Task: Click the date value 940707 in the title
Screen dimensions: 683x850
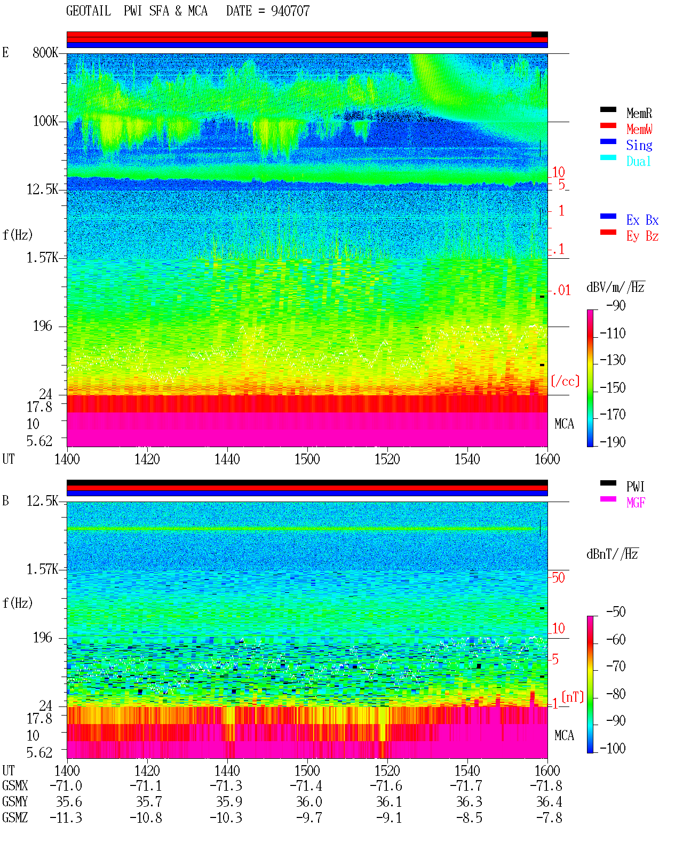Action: coord(290,11)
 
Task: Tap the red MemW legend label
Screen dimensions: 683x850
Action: coord(639,129)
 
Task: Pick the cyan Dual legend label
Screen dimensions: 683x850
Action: coord(638,161)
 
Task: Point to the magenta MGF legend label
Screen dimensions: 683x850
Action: coord(636,503)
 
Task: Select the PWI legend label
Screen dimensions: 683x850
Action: coord(635,487)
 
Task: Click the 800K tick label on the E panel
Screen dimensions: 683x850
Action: coord(45,52)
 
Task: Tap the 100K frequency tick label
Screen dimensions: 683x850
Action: coord(45,121)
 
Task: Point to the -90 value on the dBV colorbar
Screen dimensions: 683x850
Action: coord(615,305)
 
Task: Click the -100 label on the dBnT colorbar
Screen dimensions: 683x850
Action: coord(613,748)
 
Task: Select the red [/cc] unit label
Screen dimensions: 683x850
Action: coord(565,381)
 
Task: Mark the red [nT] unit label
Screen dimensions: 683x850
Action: coord(573,697)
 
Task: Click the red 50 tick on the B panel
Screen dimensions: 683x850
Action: coord(558,577)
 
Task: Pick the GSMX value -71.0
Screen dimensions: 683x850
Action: coord(66,786)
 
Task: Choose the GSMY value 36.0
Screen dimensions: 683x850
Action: coord(309,802)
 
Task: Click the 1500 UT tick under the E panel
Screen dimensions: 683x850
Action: coord(307,459)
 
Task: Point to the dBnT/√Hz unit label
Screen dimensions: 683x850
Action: coord(613,554)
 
